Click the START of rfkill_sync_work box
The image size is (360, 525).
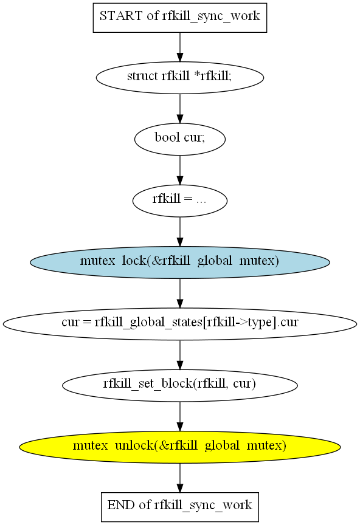tap(179, 18)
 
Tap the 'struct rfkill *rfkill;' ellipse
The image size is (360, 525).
tap(179, 77)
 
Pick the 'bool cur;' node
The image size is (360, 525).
tap(179, 139)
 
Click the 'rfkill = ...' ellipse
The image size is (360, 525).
tap(179, 201)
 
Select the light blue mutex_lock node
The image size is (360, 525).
tap(179, 262)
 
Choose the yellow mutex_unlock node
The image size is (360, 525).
tap(179, 447)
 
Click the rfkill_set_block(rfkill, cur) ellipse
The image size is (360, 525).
tap(179, 385)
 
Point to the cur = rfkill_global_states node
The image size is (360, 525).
tap(179, 324)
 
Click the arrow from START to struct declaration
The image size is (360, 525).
tap(179, 47)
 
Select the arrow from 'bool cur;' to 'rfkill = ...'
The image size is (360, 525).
tap(179, 170)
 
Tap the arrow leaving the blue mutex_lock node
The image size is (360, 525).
tap(179, 293)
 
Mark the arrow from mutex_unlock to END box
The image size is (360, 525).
tap(179, 478)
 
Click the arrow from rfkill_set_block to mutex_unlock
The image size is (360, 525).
tap(179, 416)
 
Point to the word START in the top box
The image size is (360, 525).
tap(121, 16)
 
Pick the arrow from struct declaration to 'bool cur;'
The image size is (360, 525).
tap(179, 109)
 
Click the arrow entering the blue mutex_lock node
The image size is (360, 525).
tap(179, 232)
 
